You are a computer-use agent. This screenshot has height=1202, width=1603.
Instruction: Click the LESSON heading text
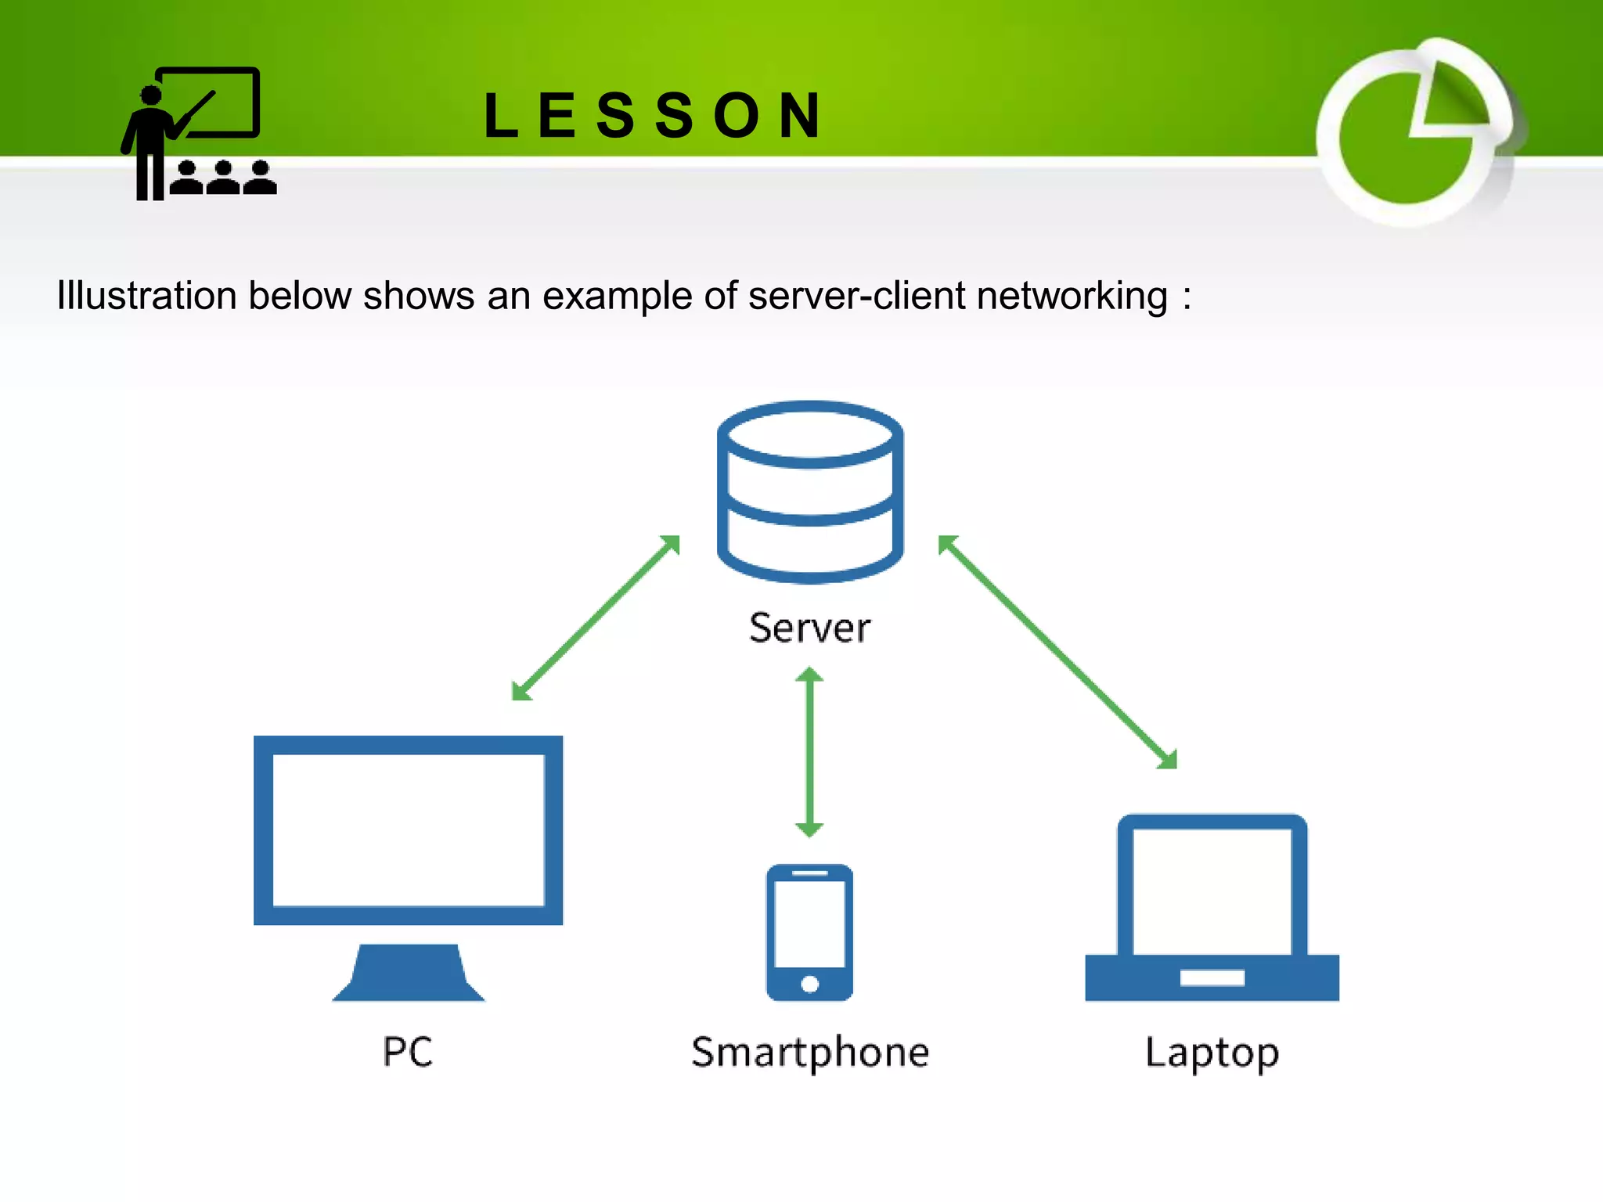point(652,116)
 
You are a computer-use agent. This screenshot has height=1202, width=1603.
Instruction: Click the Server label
point(809,628)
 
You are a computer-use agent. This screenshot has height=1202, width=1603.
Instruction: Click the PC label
point(407,1051)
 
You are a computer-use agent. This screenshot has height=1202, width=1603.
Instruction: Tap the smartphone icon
point(809,931)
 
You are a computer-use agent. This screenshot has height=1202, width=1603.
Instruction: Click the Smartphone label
point(810,1053)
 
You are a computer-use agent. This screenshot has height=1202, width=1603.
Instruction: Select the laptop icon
point(1212,908)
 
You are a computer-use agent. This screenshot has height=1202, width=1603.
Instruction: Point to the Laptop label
point(1212,1053)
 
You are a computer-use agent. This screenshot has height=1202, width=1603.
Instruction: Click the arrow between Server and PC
point(596,617)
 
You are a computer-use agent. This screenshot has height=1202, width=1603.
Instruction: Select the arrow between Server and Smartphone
point(809,752)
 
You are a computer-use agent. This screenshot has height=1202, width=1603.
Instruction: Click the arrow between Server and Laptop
point(1057,652)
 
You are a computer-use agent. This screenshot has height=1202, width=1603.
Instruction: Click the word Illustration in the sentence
point(146,297)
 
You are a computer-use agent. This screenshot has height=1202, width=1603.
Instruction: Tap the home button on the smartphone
point(810,984)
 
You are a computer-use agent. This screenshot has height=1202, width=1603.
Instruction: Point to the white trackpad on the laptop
point(1212,977)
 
